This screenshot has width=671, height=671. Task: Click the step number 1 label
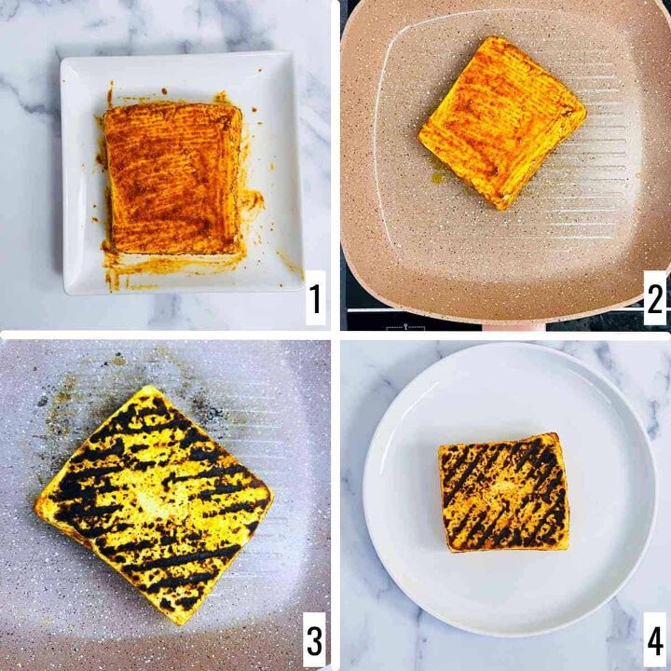[x=315, y=298]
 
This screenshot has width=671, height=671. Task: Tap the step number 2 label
[x=655, y=298]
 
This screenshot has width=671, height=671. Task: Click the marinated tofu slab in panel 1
[x=174, y=179]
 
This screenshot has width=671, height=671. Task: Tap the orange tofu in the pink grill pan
[x=502, y=123]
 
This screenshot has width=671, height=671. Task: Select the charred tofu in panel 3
[x=153, y=505]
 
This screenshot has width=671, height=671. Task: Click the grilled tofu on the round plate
[x=504, y=492]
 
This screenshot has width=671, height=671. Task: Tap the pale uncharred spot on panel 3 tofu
[x=150, y=503]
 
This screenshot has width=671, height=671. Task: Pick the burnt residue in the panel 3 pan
[x=86, y=398]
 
